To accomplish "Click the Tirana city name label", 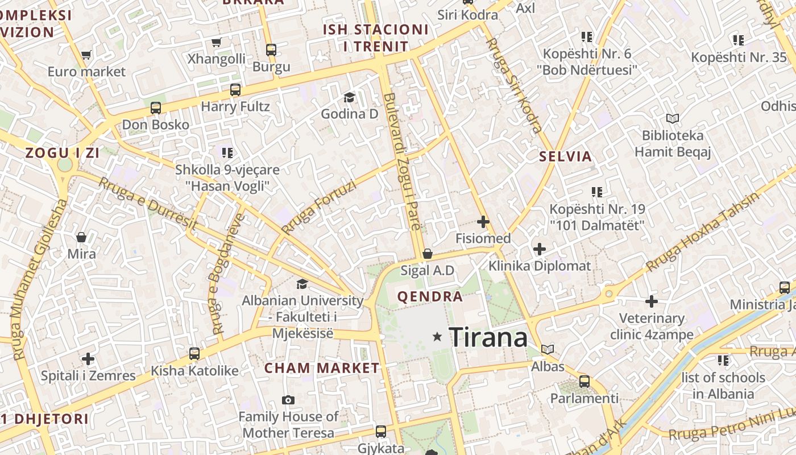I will tap(488, 337).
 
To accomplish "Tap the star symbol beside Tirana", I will tap(437, 337).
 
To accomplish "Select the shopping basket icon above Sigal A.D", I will tap(428, 254).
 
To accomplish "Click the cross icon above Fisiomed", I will tap(483, 221).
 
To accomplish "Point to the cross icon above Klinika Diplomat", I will tap(539, 249).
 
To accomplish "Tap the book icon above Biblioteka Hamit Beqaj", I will tap(673, 118).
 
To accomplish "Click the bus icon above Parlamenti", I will tap(584, 381).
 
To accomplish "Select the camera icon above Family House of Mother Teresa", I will tap(288, 400).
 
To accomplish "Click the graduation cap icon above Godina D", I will tap(349, 97).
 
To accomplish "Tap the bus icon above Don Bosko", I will tap(155, 107).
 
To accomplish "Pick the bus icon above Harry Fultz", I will tap(235, 89).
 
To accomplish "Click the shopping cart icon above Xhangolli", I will tap(216, 42).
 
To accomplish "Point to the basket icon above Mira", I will tap(81, 237).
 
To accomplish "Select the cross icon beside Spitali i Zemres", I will tap(88, 359).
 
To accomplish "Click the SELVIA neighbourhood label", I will tap(565, 156).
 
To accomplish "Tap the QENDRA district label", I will tap(430, 296).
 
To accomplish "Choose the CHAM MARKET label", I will tap(322, 368).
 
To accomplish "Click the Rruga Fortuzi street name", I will tap(318, 207).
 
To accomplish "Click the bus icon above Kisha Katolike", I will tap(194, 353).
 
